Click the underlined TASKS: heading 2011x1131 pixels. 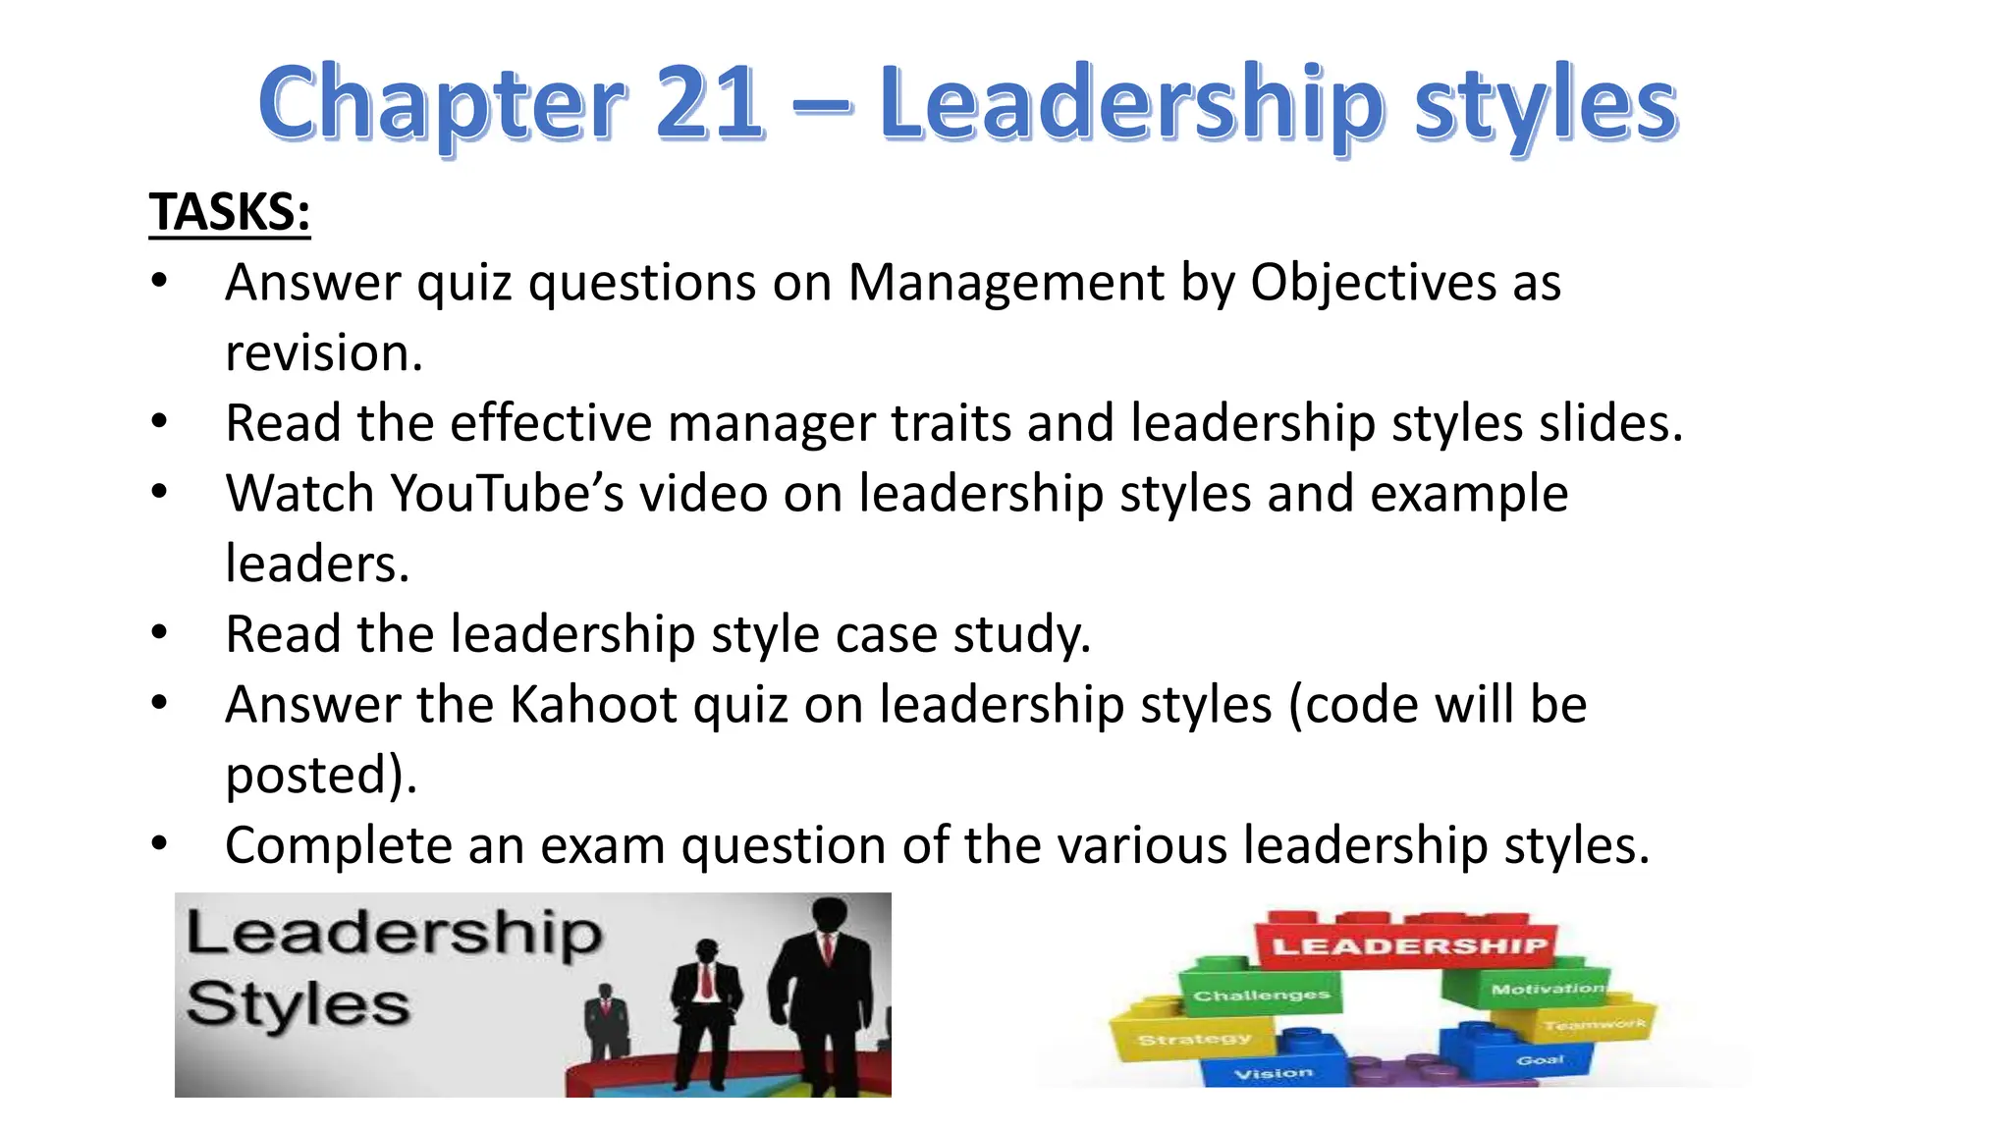(x=230, y=212)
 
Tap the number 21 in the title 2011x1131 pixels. (x=709, y=102)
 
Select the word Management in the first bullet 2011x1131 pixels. (x=1005, y=283)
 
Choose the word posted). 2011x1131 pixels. (x=321, y=775)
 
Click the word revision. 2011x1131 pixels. (x=323, y=353)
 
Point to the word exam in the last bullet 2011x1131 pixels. (x=602, y=845)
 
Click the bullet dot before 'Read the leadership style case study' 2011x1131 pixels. (x=160, y=633)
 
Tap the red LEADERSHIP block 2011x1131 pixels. (x=1408, y=945)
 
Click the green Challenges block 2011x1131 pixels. (x=1261, y=996)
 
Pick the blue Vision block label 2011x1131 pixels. (x=1274, y=1073)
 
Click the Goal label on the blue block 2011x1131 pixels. (x=1540, y=1059)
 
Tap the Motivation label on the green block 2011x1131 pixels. (x=1547, y=989)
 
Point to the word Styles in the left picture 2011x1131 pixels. (x=298, y=1004)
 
